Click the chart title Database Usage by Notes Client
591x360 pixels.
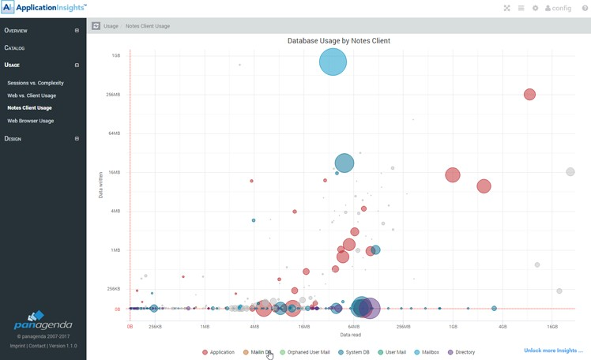click(x=338, y=40)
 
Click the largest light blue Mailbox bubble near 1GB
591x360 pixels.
click(x=333, y=62)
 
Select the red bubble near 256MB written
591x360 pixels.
click(x=529, y=95)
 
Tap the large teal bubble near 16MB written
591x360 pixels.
click(x=344, y=163)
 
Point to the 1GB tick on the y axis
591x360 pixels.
click(x=116, y=56)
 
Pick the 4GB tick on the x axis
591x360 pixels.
click(x=503, y=326)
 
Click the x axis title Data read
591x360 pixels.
click(x=350, y=335)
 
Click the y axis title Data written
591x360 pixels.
click(x=101, y=182)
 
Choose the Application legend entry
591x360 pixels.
click(x=218, y=352)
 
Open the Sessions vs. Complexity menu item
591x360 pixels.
click(x=36, y=83)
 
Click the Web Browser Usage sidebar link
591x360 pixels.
click(x=31, y=121)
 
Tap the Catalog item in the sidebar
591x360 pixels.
click(x=15, y=48)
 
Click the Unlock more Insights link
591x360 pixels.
click(x=553, y=351)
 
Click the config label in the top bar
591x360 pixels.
click(x=562, y=9)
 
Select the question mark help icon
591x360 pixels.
click(x=585, y=8)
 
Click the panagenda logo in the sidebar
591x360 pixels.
click(x=43, y=322)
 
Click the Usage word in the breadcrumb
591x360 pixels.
click(x=111, y=26)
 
